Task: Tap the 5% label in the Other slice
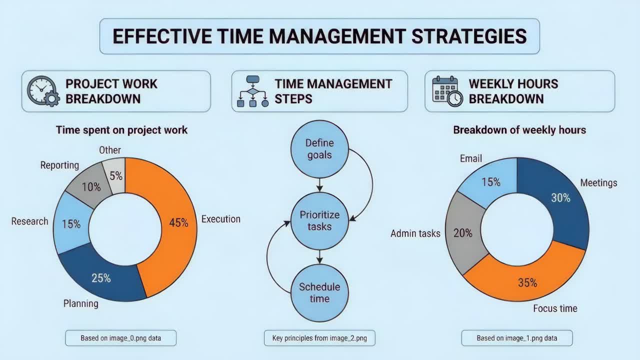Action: click(116, 175)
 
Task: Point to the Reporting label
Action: click(59, 165)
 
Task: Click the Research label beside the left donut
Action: click(29, 221)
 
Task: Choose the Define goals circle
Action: click(319, 148)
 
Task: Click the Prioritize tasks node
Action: click(319, 220)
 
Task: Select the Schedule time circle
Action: click(319, 292)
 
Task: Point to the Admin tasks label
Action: click(415, 233)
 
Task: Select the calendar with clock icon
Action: click(447, 91)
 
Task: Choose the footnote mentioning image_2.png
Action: click(319, 338)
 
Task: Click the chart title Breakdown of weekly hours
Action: click(519, 130)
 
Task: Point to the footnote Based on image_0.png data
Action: click(120, 338)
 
